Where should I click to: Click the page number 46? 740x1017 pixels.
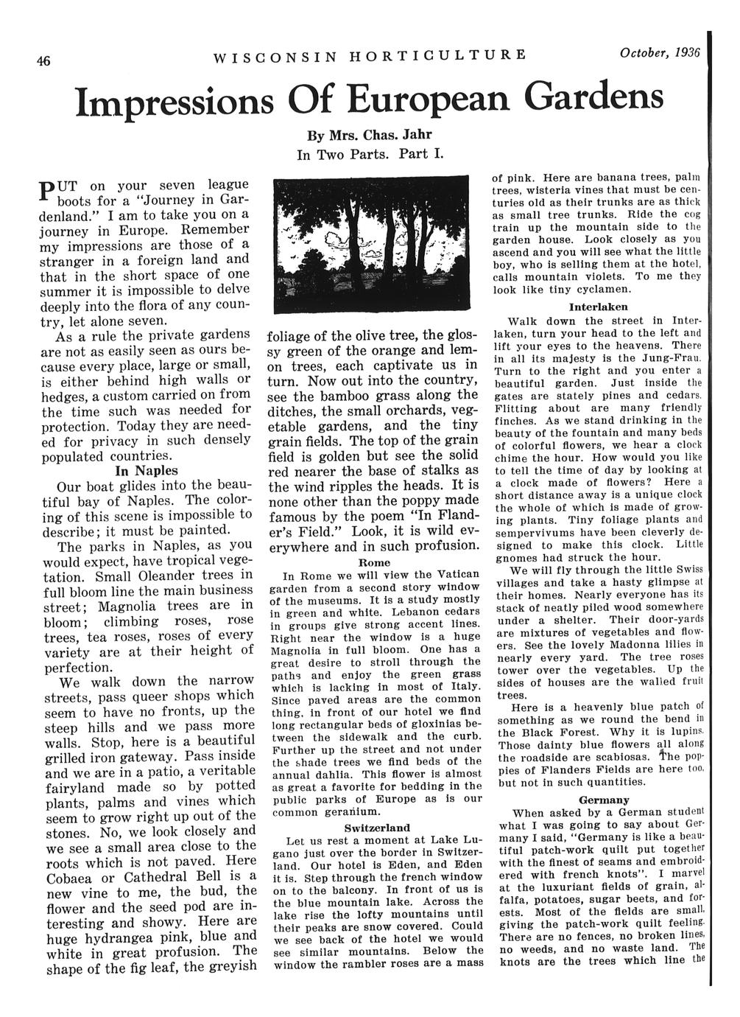pos(45,62)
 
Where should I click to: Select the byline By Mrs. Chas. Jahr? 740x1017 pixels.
pos(368,137)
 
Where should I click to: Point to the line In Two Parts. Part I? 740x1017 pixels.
pos(368,155)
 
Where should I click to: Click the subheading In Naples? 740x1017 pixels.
pos(147,470)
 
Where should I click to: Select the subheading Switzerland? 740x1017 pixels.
pos(377,828)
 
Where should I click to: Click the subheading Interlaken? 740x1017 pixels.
pos(598,306)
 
